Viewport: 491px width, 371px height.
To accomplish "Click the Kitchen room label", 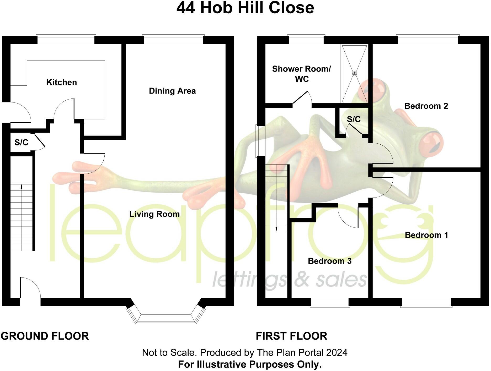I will (x=62, y=82).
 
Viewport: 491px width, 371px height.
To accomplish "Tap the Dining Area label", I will (x=172, y=91).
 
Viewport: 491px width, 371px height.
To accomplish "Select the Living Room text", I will (x=154, y=214).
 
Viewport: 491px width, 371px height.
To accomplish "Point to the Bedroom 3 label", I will (x=329, y=261).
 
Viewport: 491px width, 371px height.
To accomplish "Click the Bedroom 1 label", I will (x=426, y=235).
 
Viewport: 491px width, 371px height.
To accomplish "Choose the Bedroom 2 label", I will (x=426, y=106).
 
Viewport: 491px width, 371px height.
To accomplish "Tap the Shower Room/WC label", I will (x=301, y=74).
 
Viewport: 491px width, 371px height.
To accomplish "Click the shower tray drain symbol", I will (x=354, y=74).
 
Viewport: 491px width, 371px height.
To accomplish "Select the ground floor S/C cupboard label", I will (x=21, y=142).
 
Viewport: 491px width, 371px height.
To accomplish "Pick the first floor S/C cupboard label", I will (x=354, y=119).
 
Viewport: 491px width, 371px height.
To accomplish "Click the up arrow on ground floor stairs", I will (x=22, y=187).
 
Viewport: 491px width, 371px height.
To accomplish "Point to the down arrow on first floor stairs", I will (x=276, y=228).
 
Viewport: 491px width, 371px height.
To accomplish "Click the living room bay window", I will (x=166, y=318).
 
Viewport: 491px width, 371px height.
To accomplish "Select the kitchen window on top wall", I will (x=66, y=40).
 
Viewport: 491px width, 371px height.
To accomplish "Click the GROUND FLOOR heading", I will (x=45, y=336).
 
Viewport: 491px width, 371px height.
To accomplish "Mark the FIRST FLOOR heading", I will (x=291, y=336).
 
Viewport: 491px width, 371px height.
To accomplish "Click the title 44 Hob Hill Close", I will (x=245, y=8).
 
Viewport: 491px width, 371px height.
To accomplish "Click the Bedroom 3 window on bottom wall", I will (x=330, y=302).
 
